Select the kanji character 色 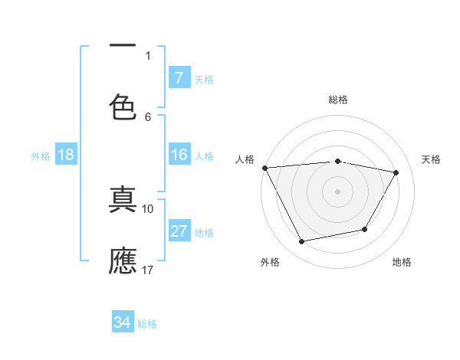click(x=123, y=106)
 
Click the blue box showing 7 click(x=179, y=77)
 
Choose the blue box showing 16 click(x=179, y=155)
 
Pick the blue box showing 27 click(x=179, y=231)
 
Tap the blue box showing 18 click(x=66, y=155)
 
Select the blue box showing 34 click(x=123, y=322)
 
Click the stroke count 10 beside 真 click(x=148, y=208)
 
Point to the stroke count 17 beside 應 click(x=148, y=270)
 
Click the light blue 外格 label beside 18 click(x=41, y=156)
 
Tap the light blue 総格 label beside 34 click(x=147, y=324)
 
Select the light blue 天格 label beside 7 click(x=204, y=79)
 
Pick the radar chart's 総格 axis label click(x=338, y=100)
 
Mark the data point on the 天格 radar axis click(x=396, y=172)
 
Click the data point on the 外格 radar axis click(x=301, y=242)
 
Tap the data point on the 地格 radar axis click(x=365, y=229)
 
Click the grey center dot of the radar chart click(x=338, y=191)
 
